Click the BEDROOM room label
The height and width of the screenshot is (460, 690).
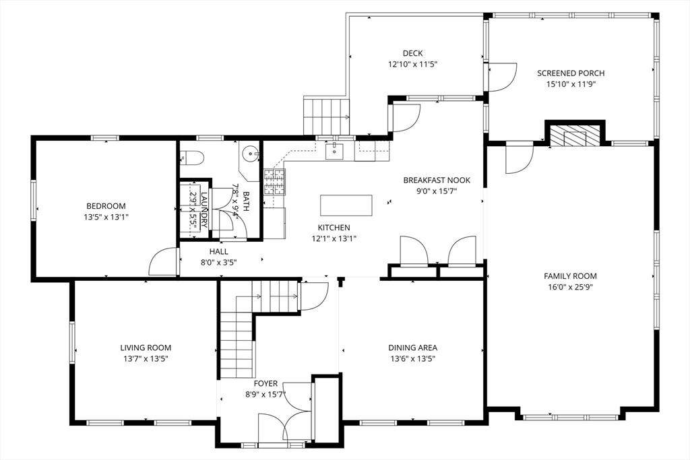point(106,206)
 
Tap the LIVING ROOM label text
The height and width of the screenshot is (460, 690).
point(146,348)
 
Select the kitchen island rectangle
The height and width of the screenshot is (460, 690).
point(346,205)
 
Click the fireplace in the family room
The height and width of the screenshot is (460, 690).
point(575,135)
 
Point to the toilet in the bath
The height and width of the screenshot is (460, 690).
point(192,158)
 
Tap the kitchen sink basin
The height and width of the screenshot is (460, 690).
point(336,150)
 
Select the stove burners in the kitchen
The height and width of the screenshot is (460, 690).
point(275,182)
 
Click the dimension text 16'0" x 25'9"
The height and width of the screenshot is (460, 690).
point(570,287)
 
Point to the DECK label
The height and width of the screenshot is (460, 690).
point(413,53)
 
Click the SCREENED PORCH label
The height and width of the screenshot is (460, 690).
point(571,73)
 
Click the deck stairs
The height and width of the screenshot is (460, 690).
point(326,116)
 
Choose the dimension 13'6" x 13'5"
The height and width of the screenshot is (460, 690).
point(413,358)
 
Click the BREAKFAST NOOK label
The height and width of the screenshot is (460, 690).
point(437,180)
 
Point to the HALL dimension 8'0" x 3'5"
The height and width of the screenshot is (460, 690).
point(219,263)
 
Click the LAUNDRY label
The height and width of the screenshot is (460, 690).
point(203,209)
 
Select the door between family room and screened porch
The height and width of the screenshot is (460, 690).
point(520,158)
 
